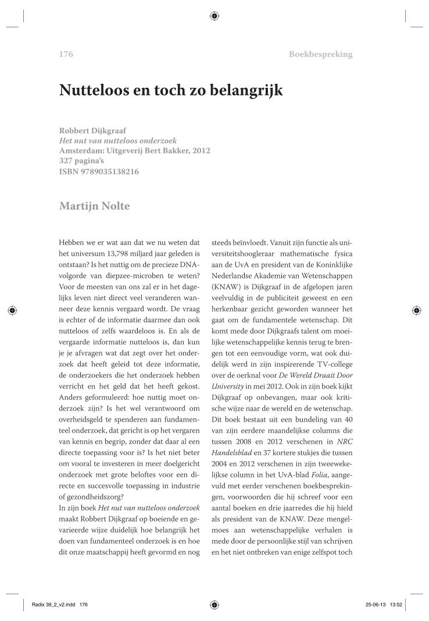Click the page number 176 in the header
[66, 55]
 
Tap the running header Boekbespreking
[320, 55]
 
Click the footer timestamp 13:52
[398, 605]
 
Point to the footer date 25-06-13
[372, 605]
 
